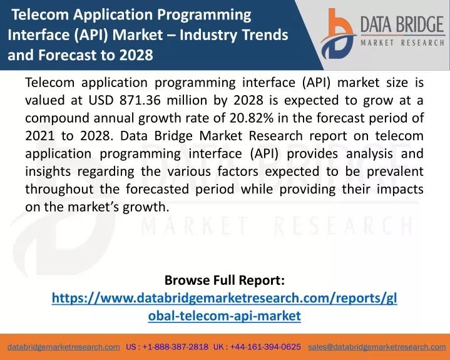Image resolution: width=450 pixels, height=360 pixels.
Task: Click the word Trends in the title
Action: tap(265, 34)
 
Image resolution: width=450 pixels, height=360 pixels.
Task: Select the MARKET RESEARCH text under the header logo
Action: tap(402, 43)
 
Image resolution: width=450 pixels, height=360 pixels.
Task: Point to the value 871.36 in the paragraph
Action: tap(140, 100)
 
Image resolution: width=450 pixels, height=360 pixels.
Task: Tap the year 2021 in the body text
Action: tap(39, 136)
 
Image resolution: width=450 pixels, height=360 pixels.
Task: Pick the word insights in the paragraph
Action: tap(48, 172)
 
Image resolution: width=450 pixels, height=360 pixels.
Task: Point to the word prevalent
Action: tap(395, 172)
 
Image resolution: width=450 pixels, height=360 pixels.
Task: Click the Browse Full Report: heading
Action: tap(225, 280)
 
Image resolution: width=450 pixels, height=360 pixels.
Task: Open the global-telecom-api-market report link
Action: tap(225, 307)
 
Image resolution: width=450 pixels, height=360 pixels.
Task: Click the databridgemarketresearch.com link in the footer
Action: tap(64, 347)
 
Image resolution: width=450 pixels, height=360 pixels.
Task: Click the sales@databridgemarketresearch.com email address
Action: tap(377, 347)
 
